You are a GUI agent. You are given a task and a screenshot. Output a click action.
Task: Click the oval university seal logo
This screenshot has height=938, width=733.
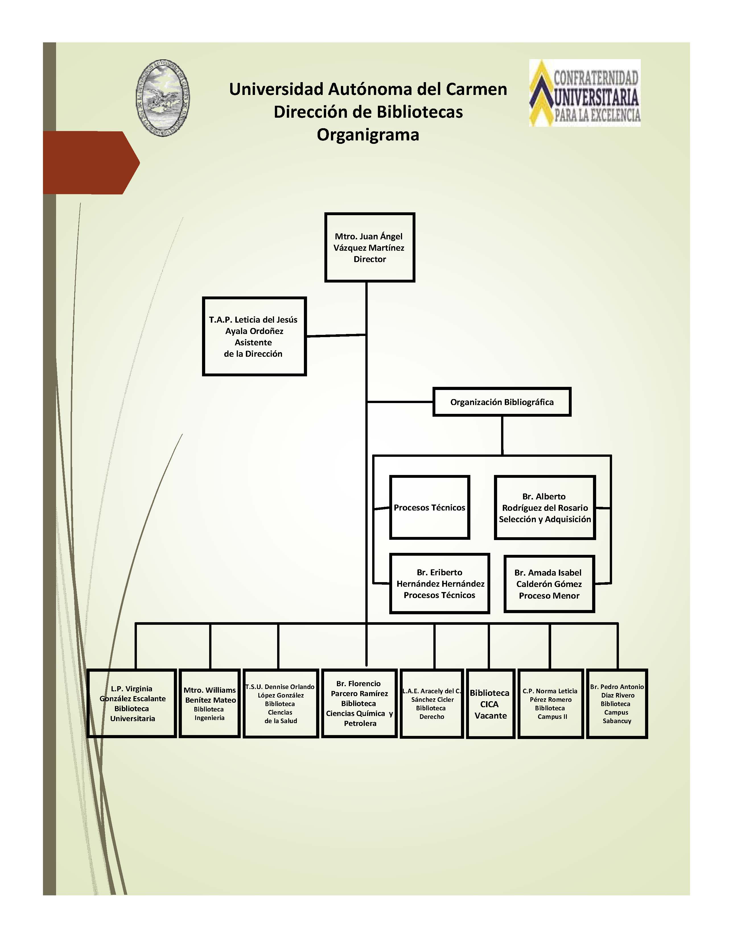point(163,98)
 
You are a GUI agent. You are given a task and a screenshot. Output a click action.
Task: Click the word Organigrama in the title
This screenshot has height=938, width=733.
point(368,134)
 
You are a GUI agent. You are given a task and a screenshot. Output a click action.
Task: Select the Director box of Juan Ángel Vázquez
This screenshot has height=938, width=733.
point(370,247)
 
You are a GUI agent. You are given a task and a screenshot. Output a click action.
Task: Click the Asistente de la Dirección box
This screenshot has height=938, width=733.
point(254,336)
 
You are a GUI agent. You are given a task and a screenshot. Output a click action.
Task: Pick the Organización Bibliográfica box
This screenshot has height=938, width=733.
point(502,402)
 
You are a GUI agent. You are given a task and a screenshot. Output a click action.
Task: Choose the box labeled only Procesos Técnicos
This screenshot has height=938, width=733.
point(429,507)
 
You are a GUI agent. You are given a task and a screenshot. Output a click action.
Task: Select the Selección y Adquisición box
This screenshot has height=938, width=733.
point(545,507)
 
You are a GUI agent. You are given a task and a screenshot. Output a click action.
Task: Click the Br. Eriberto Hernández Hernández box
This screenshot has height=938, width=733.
point(439,584)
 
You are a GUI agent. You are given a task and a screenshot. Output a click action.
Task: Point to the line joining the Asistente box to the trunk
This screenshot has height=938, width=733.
point(336,335)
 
